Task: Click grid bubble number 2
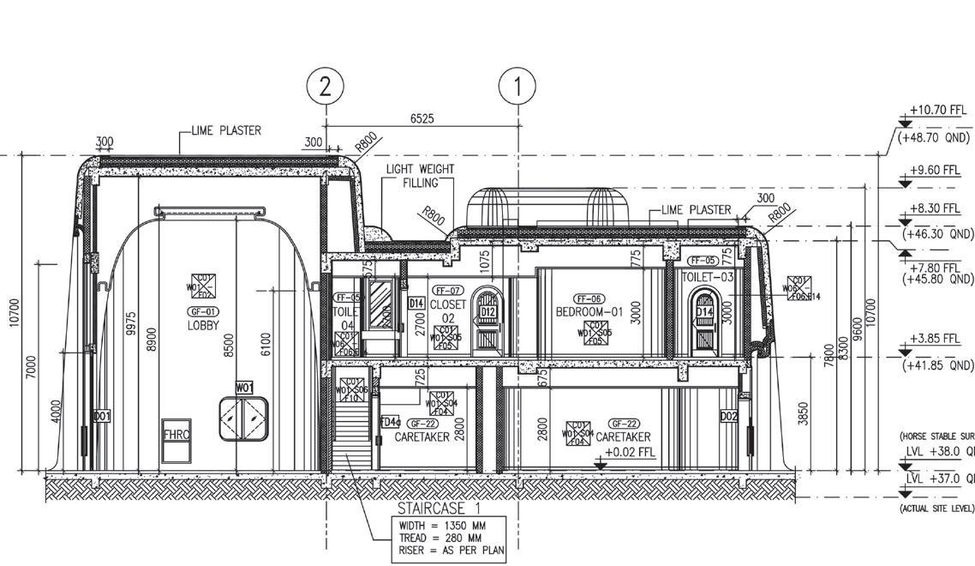[x=326, y=87]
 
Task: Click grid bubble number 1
[x=518, y=87]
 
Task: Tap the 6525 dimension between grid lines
[x=422, y=118]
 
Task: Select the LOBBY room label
[x=203, y=326]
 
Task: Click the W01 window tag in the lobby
[x=244, y=388]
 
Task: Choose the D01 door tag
[x=102, y=416]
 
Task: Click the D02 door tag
[x=728, y=416]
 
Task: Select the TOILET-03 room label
[x=708, y=277]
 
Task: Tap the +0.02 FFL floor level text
[x=631, y=452]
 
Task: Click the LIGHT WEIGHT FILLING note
[x=420, y=176]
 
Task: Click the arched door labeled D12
[x=487, y=320]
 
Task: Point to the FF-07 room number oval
[x=447, y=291]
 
